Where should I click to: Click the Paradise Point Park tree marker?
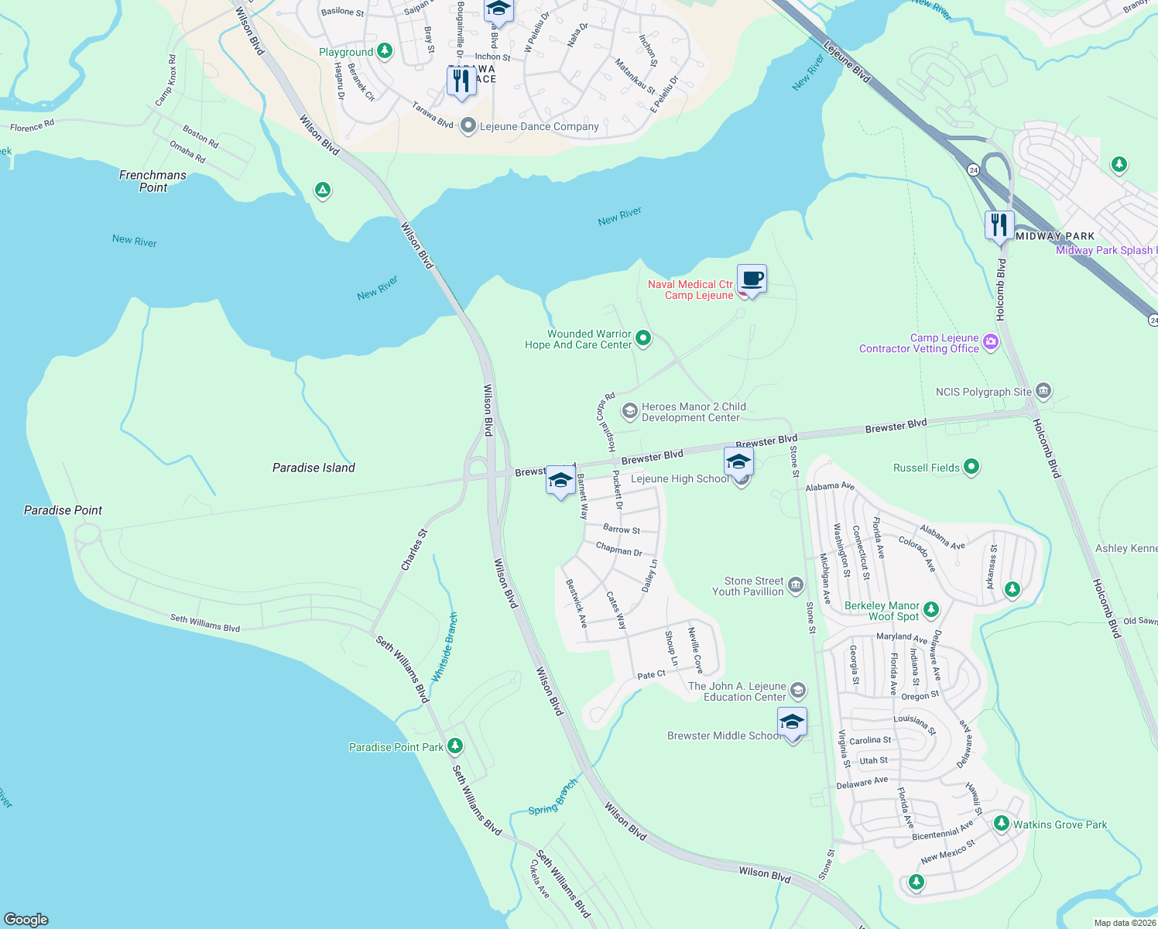coord(455,746)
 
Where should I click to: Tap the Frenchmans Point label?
coord(152,181)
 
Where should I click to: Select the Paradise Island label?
coord(313,468)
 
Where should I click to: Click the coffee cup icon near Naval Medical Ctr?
coord(752,279)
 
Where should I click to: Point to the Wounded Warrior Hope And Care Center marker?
coord(642,338)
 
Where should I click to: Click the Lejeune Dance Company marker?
coord(468,125)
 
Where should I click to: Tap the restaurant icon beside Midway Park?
coord(999,225)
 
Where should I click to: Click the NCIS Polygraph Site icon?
coord(1043,390)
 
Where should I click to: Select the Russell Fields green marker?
coord(971,467)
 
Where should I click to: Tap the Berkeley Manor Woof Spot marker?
coord(931,610)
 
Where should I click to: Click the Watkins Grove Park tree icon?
coord(1001,823)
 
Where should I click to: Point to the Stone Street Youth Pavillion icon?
coord(795,585)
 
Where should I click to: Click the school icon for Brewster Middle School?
coord(792,723)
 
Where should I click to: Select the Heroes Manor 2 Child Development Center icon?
coord(629,410)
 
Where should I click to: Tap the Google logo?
coord(26,919)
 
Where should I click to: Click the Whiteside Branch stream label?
coord(444,647)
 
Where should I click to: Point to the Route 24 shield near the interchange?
coord(972,169)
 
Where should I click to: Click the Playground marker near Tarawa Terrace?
coord(384,51)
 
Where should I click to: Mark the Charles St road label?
coord(414,550)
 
